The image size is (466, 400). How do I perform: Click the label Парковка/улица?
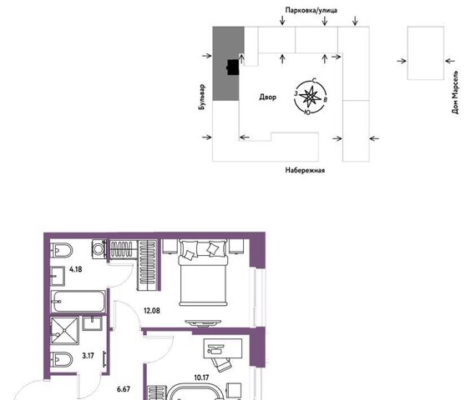click(312, 10)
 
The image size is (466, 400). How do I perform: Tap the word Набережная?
click(305, 170)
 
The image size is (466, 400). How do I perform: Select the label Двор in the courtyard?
click(268, 97)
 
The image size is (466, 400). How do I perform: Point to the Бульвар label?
click(201, 97)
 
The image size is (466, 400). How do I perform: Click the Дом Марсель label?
click(454, 92)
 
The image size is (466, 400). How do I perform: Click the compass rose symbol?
click(311, 97)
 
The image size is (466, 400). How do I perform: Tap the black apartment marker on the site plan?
click(233, 67)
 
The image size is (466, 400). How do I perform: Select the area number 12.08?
click(152, 311)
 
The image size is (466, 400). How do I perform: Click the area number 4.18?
click(76, 269)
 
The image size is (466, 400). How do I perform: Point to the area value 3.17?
click(88, 356)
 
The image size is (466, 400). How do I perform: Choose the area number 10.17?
click(201, 377)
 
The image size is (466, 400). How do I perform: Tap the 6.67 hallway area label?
click(123, 389)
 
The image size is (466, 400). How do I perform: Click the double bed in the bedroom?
click(203, 272)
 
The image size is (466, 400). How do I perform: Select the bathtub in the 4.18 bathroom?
click(79, 302)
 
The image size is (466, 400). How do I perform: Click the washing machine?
click(99, 249)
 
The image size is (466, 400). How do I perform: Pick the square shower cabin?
click(64, 331)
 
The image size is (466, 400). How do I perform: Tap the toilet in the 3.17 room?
click(61, 360)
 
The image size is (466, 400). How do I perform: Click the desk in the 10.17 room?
click(223, 348)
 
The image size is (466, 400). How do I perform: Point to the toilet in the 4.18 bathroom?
click(61, 251)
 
